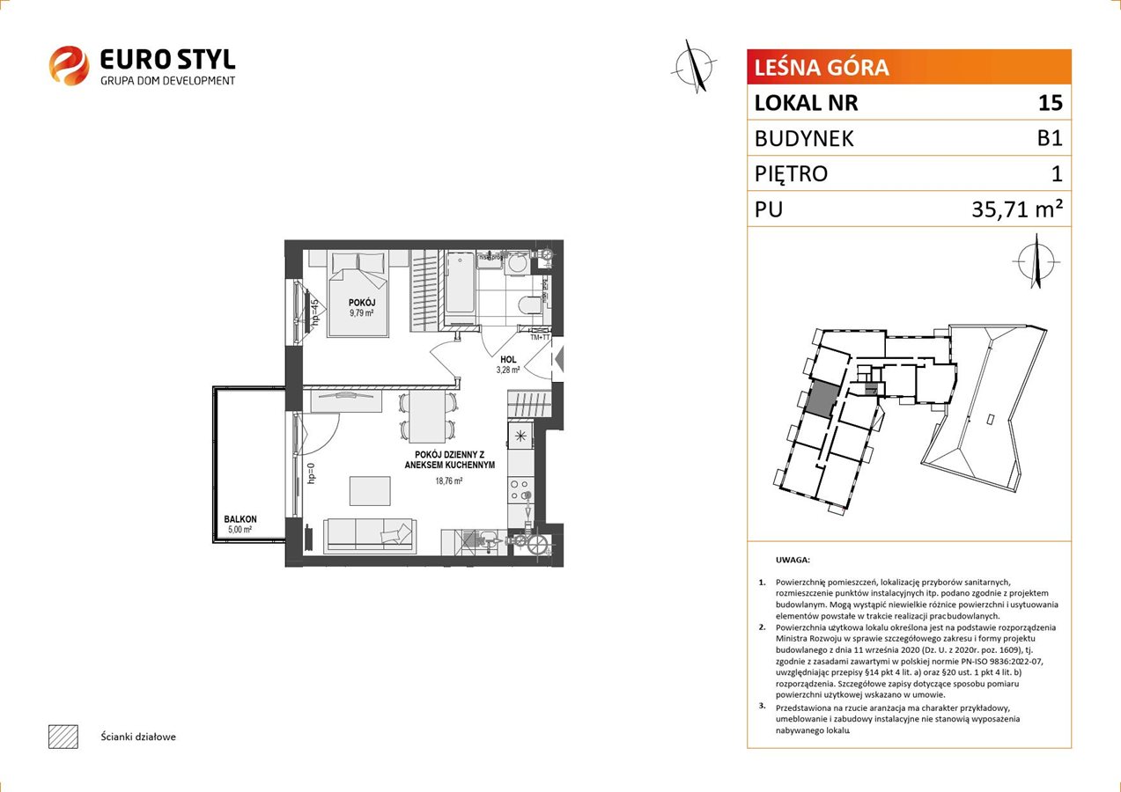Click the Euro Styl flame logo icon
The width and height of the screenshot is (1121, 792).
point(69,65)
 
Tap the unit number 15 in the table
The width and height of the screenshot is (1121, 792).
point(1050,102)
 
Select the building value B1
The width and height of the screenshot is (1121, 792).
point(1050,138)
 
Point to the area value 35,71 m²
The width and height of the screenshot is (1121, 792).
point(1017,209)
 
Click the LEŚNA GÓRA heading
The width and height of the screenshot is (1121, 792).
point(822,68)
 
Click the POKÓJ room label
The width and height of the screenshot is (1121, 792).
point(362,303)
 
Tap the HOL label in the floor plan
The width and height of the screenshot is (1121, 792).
point(508,360)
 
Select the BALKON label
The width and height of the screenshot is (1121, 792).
point(240,519)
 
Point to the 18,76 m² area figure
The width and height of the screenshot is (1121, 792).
point(449,481)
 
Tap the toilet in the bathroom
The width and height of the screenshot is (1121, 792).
point(529,304)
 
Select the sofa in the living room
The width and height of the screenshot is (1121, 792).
point(370,536)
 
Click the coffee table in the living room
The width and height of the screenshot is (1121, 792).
point(370,491)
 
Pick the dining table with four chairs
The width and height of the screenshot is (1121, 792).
point(428,417)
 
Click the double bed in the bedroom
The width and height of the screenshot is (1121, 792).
point(358,294)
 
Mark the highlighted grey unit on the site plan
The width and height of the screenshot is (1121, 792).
point(821,398)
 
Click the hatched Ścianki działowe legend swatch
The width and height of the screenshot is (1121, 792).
point(63,737)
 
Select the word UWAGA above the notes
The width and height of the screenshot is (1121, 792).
point(793,560)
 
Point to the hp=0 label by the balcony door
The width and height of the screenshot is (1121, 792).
point(311,473)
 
